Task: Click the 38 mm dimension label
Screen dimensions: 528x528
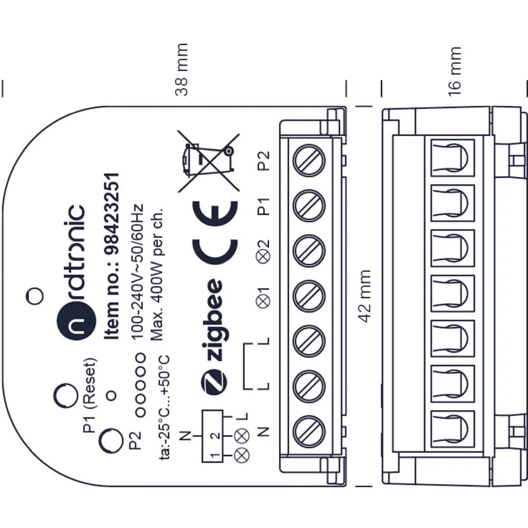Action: pos(182,69)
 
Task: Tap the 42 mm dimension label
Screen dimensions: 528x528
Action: pos(364,296)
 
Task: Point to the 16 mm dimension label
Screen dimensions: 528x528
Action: pos(454,72)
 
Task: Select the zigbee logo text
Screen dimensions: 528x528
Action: pos(213,320)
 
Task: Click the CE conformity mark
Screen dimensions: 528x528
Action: pos(215,233)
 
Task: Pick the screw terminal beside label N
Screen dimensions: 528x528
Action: pos(309,432)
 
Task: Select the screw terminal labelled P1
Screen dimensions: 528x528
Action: pos(309,205)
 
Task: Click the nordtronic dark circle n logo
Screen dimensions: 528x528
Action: pos(77,320)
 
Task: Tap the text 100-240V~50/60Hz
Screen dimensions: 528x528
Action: pos(136,272)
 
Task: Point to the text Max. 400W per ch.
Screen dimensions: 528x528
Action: pos(156,274)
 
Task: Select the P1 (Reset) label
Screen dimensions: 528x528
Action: pos(90,395)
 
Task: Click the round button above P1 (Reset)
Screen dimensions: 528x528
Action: pos(66,395)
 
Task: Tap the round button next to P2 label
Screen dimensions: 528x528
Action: pos(111,441)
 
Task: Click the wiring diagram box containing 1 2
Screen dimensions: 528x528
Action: pos(212,436)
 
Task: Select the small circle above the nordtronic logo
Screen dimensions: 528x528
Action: pos(35,296)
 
